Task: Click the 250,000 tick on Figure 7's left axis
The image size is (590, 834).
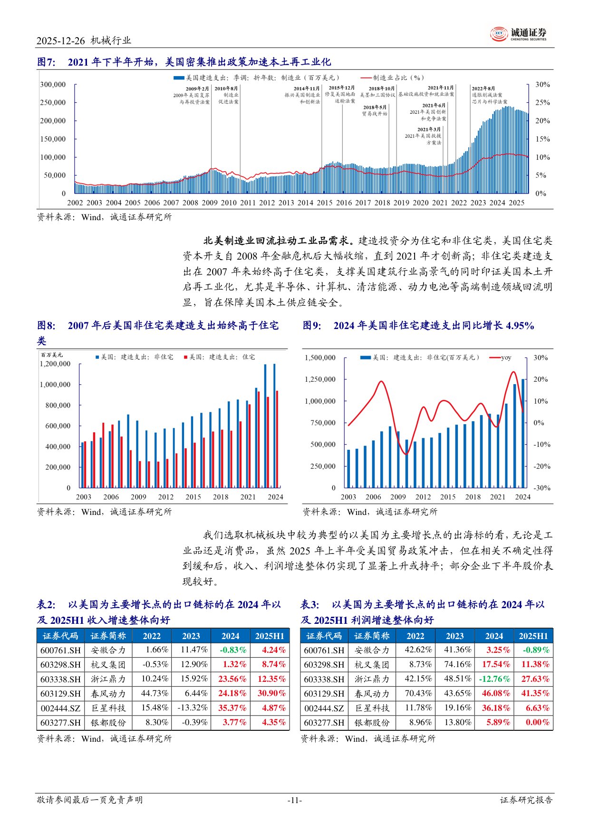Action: point(53,103)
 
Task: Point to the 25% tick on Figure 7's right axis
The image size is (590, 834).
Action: point(542,103)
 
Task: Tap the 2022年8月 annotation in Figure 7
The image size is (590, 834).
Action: point(483,88)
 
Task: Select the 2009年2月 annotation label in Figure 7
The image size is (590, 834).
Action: point(197,89)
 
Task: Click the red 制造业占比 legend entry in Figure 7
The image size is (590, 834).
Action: point(392,78)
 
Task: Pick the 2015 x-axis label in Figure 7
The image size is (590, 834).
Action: point(324,203)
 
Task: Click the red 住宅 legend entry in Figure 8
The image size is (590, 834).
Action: point(219,357)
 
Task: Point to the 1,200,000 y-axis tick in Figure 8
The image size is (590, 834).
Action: point(55,364)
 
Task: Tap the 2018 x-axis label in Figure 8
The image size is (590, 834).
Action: point(221,497)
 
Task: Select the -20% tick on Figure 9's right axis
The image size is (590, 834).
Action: point(541,466)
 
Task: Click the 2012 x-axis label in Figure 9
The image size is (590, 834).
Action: point(423,497)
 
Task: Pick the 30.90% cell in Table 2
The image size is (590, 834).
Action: point(271,694)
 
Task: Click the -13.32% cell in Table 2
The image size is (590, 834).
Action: point(193,708)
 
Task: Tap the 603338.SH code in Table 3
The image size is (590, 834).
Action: point(325,679)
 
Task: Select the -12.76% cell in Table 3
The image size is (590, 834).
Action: point(494,679)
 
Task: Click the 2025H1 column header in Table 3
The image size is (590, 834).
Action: point(533,636)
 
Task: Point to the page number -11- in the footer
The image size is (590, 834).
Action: point(295,800)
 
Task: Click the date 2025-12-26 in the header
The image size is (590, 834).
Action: point(60,41)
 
